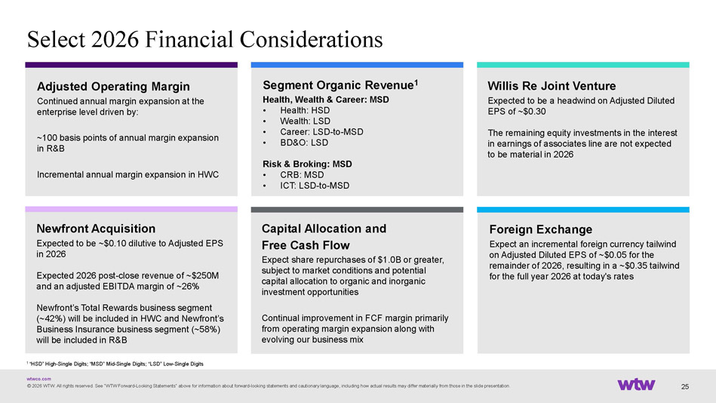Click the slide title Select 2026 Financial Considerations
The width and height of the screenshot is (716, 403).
[x=204, y=39]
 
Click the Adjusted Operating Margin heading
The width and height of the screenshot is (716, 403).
[x=113, y=86]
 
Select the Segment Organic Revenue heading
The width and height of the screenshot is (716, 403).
[x=340, y=85]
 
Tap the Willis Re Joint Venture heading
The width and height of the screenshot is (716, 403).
[x=552, y=86]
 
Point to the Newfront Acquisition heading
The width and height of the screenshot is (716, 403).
[x=96, y=229]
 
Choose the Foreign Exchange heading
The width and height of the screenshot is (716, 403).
[x=541, y=229]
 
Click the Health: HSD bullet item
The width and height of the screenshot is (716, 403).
[x=305, y=110]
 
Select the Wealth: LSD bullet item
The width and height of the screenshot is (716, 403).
[x=305, y=121]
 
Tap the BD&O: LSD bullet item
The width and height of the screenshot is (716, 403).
[x=304, y=143]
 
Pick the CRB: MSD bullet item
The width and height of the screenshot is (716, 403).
[x=302, y=175]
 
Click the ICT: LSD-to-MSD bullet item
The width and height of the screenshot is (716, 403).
[x=315, y=186]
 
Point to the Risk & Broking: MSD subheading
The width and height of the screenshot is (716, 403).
[x=307, y=164]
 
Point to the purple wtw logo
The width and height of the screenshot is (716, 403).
[x=636, y=384]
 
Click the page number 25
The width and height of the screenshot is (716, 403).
[x=685, y=386]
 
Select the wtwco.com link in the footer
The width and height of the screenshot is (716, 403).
[x=38, y=379]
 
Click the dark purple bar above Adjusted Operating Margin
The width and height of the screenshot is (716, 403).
[x=131, y=65]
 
